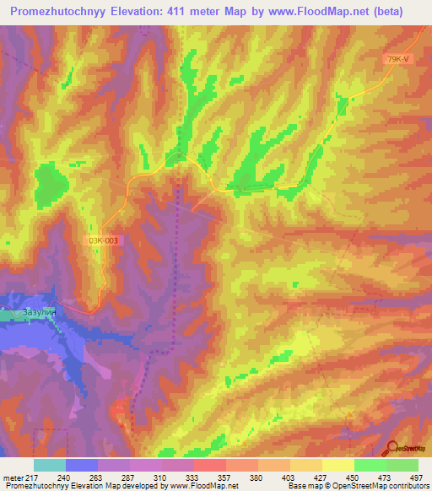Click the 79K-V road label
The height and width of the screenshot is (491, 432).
tap(396, 58)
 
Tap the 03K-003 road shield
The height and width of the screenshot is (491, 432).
tap(104, 240)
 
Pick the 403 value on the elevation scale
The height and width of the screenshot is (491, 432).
tap(289, 478)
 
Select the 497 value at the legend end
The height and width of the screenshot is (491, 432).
tap(417, 478)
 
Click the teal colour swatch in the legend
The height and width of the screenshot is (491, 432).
tap(50, 465)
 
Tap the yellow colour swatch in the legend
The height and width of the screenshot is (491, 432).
tap(337, 465)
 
